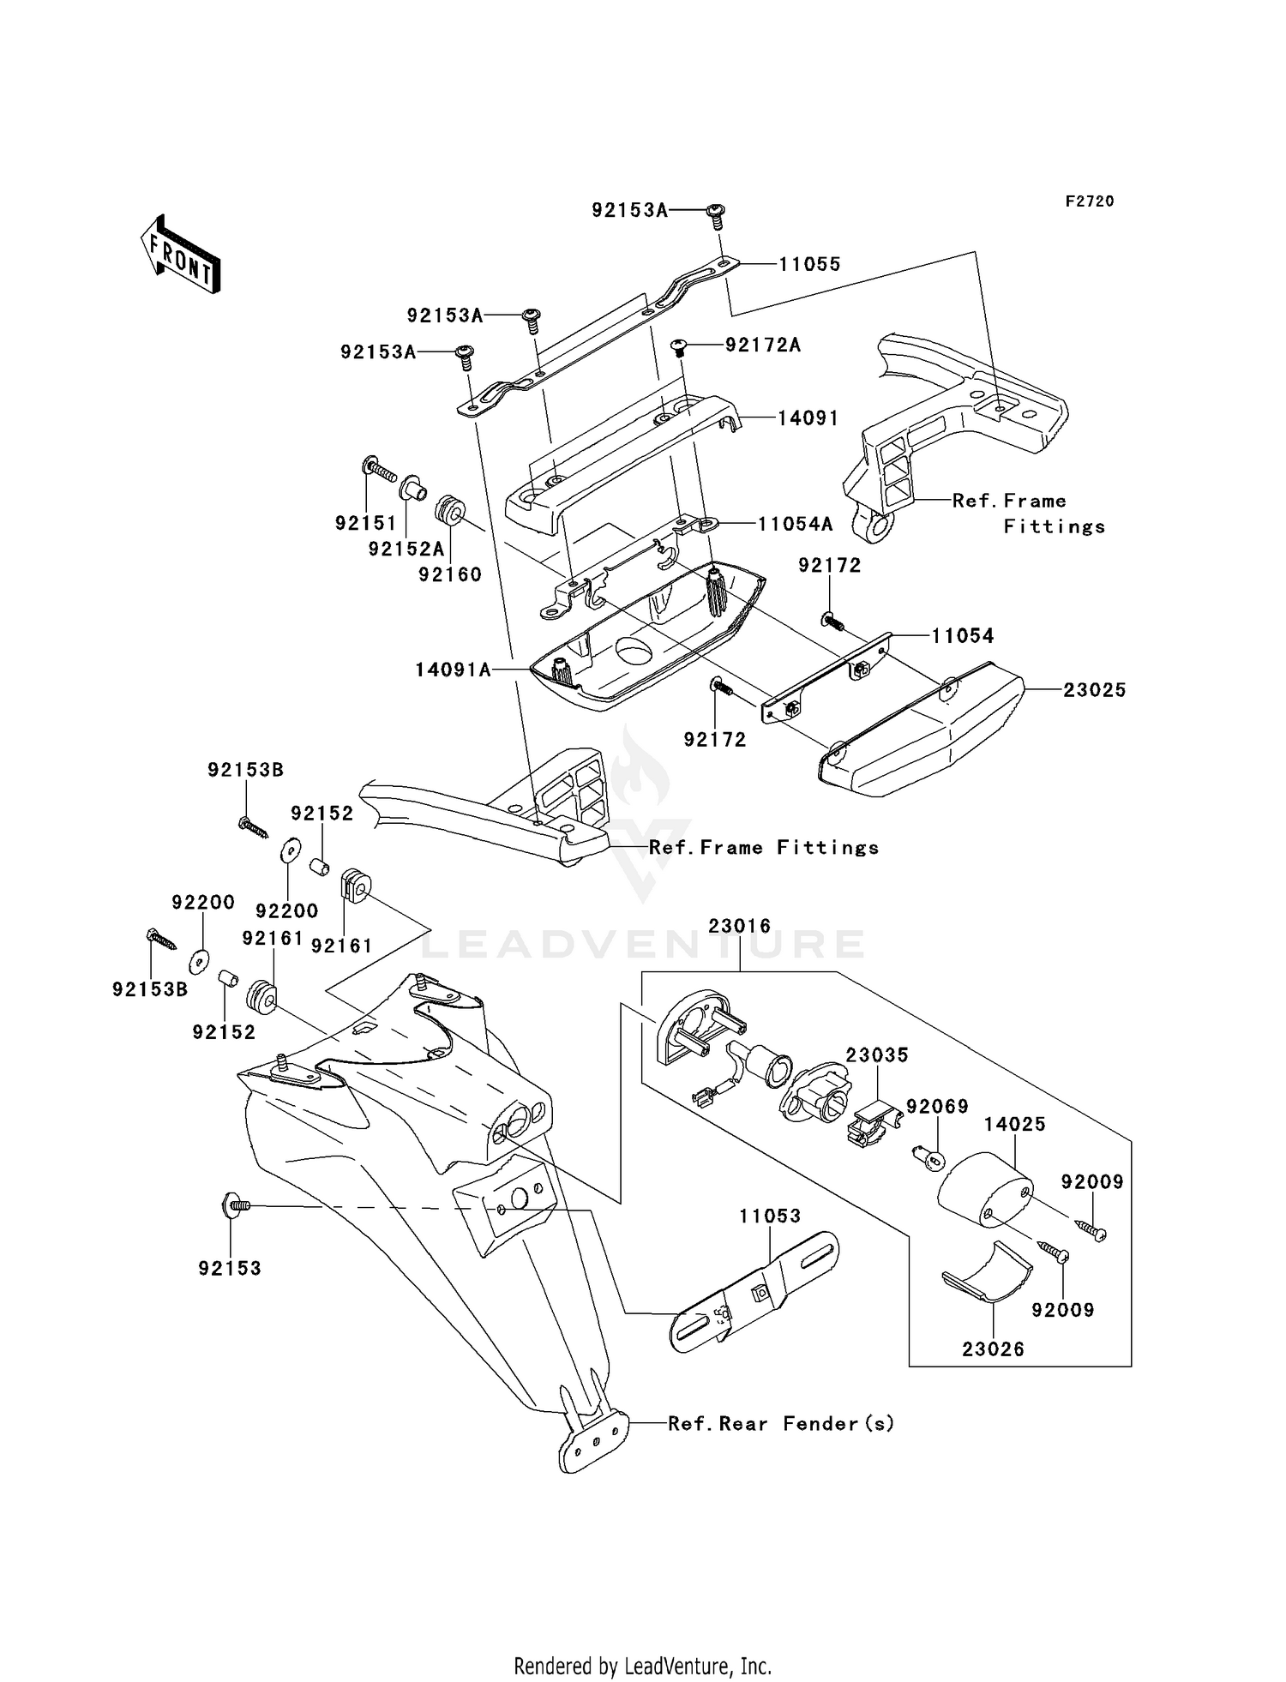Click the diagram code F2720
pos(1090,201)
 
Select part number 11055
pos(809,264)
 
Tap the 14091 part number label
pos(808,417)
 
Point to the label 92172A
pos(763,345)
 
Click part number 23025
pos(1095,689)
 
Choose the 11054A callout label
pos(795,524)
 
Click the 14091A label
pos(454,670)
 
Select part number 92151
pos(366,523)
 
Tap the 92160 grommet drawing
pos(451,512)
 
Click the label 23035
pos(877,1054)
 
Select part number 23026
pos(993,1349)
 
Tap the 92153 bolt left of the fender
pos(235,1205)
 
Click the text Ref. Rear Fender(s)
pos(781,1423)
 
